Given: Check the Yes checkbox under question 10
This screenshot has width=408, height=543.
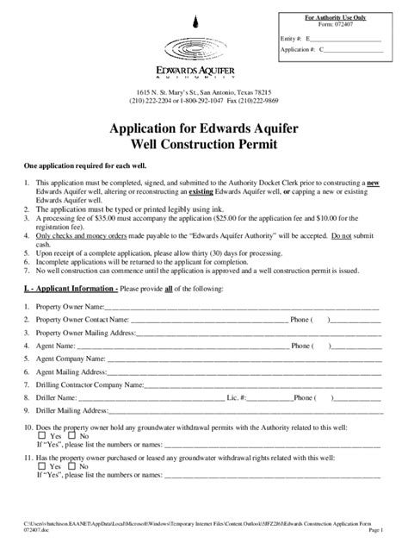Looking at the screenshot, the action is tap(42, 437).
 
